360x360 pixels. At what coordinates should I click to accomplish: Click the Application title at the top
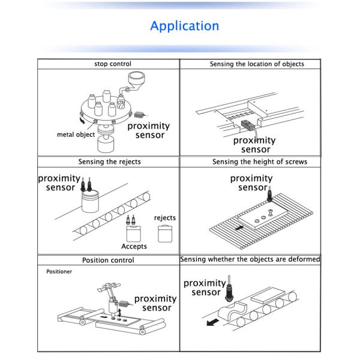[x=184, y=26]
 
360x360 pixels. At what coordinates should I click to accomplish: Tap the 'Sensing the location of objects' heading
[x=256, y=64]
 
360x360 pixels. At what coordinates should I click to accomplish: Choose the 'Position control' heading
[x=108, y=260]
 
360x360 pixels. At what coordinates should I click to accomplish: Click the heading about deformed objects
[x=250, y=259]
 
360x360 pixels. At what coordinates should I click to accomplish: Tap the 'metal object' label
[x=76, y=134]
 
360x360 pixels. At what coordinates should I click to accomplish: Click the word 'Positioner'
[x=59, y=272]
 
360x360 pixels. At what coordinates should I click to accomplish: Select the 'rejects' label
[x=165, y=217]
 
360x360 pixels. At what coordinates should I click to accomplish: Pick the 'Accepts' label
[x=134, y=246]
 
